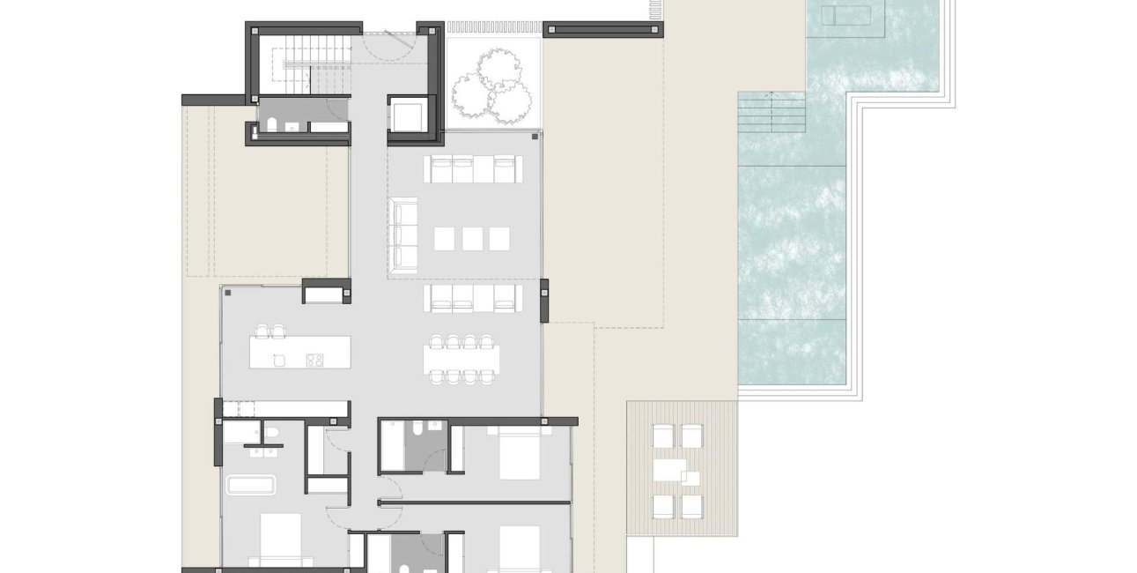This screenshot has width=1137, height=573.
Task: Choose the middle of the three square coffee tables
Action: (473, 238)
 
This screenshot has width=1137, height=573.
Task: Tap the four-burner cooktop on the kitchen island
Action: (314, 359)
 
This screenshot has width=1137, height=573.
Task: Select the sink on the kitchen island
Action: (278, 360)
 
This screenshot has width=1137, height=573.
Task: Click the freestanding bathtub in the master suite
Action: (251, 485)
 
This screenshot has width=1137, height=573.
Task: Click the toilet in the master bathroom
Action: (271, 432)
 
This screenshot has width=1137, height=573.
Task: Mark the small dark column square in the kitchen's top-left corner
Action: (227, 293)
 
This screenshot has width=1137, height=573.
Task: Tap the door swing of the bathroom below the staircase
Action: (335, 109)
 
